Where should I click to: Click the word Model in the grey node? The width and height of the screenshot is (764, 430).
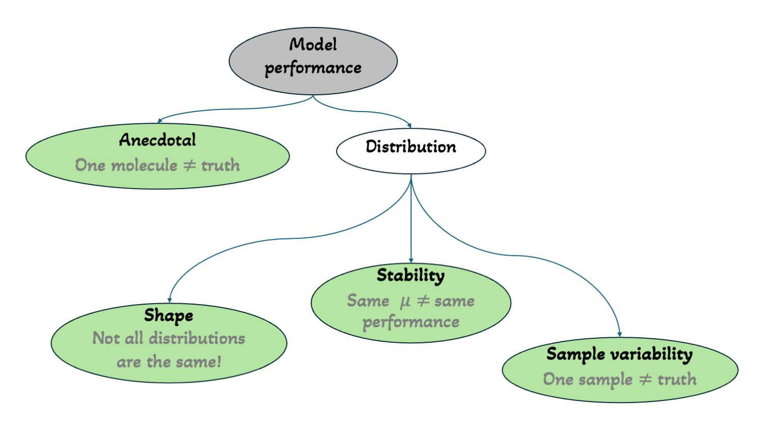313,45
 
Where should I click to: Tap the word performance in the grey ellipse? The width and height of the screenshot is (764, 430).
313,68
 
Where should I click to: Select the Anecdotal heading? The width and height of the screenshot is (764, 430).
157,140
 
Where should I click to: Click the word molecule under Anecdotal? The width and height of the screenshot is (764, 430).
144,165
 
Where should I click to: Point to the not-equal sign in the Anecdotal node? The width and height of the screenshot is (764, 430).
189,165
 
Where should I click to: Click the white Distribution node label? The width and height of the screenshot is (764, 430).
411,147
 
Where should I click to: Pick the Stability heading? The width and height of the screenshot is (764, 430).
411,276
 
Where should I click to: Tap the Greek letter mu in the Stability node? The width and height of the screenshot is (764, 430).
405,302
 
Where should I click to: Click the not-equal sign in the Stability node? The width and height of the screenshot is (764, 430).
423,301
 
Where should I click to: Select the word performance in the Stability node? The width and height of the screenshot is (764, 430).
411,322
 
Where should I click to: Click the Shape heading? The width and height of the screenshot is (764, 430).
169,316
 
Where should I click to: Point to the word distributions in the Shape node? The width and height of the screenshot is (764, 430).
197,338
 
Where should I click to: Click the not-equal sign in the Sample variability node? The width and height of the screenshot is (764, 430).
645,379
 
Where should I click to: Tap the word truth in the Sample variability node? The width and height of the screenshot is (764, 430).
677,380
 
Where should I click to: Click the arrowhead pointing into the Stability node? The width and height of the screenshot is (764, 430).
411,260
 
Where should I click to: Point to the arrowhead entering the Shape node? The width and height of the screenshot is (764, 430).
170,300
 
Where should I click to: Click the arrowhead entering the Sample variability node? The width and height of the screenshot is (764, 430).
620,334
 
